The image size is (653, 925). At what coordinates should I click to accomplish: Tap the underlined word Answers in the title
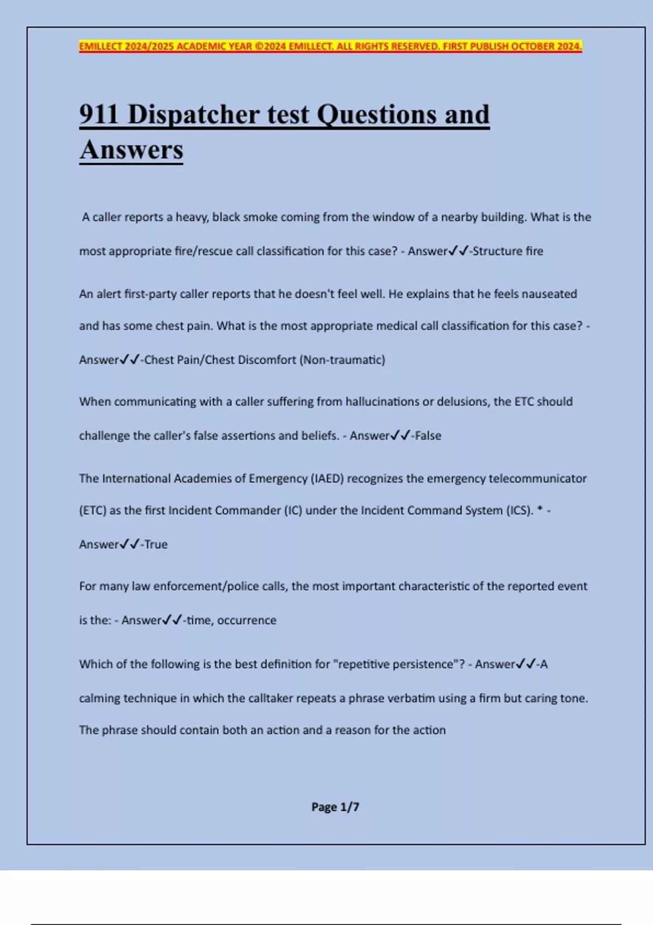[x=131, y=150]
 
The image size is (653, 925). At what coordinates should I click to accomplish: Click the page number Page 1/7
[x=335, y=807]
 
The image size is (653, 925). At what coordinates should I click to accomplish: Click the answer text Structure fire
[x=508, y=251]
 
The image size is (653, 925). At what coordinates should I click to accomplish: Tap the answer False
[x=428, y=435]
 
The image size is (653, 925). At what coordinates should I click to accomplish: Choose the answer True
[x=156, y=544]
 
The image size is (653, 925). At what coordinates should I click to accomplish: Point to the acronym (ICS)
[x=520, y=510]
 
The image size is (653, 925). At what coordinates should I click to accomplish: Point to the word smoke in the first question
[x=260, y=217]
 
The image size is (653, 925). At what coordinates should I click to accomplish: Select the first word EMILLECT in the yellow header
[x=101, y=46]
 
